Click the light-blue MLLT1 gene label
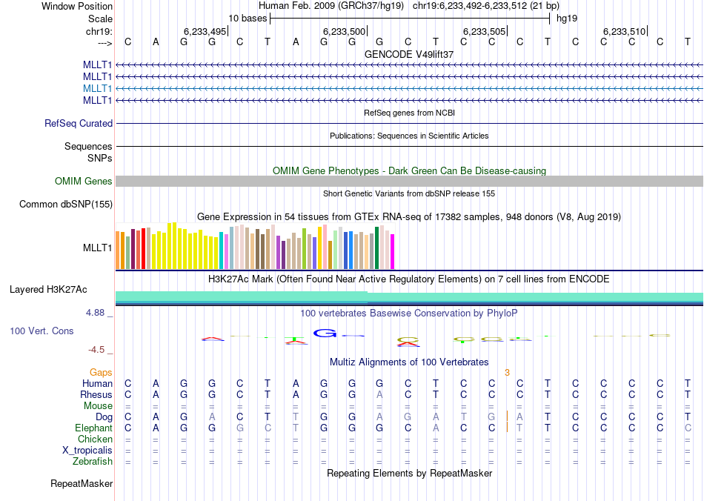pyautogui.click(x=98, y=88)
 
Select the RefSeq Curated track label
pyautogui.click(x=79, y=124)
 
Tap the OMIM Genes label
pyautogui.click(x=84, y=181)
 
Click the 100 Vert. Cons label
pyautogui.click(x=41, y=331)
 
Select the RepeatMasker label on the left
pyautogui.click(x=82, y=484)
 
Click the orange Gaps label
pyautogui.click(x=102, y=372)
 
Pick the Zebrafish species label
pyautogui.click(x=94, y=461)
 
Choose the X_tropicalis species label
pyautogui.click(x=87, y=450)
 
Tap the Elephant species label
pyautogui.click(x=94, y=428)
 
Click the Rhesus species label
pyautogui.click(x=96, y=394)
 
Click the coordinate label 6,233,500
pyautogui.click(x=345, y=31)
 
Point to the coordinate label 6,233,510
pyautogui.click(x=624, y=31)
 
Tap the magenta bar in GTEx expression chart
pyautogui.click(x=393, y=252)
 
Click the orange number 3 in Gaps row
pyautogui.click(x=507, y=372)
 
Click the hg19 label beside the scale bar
pyautogui.click(x=566, y=18)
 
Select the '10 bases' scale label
pyautogui.click(x=248, y=18)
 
